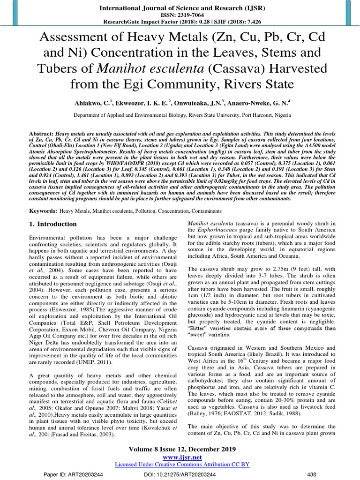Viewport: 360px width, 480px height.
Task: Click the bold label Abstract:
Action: click(42, 133)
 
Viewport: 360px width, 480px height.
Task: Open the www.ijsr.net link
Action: click(180, 457)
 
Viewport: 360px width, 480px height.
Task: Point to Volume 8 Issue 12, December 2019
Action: click(180, 449)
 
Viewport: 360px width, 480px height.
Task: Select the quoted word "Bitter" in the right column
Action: click(197, 328)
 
